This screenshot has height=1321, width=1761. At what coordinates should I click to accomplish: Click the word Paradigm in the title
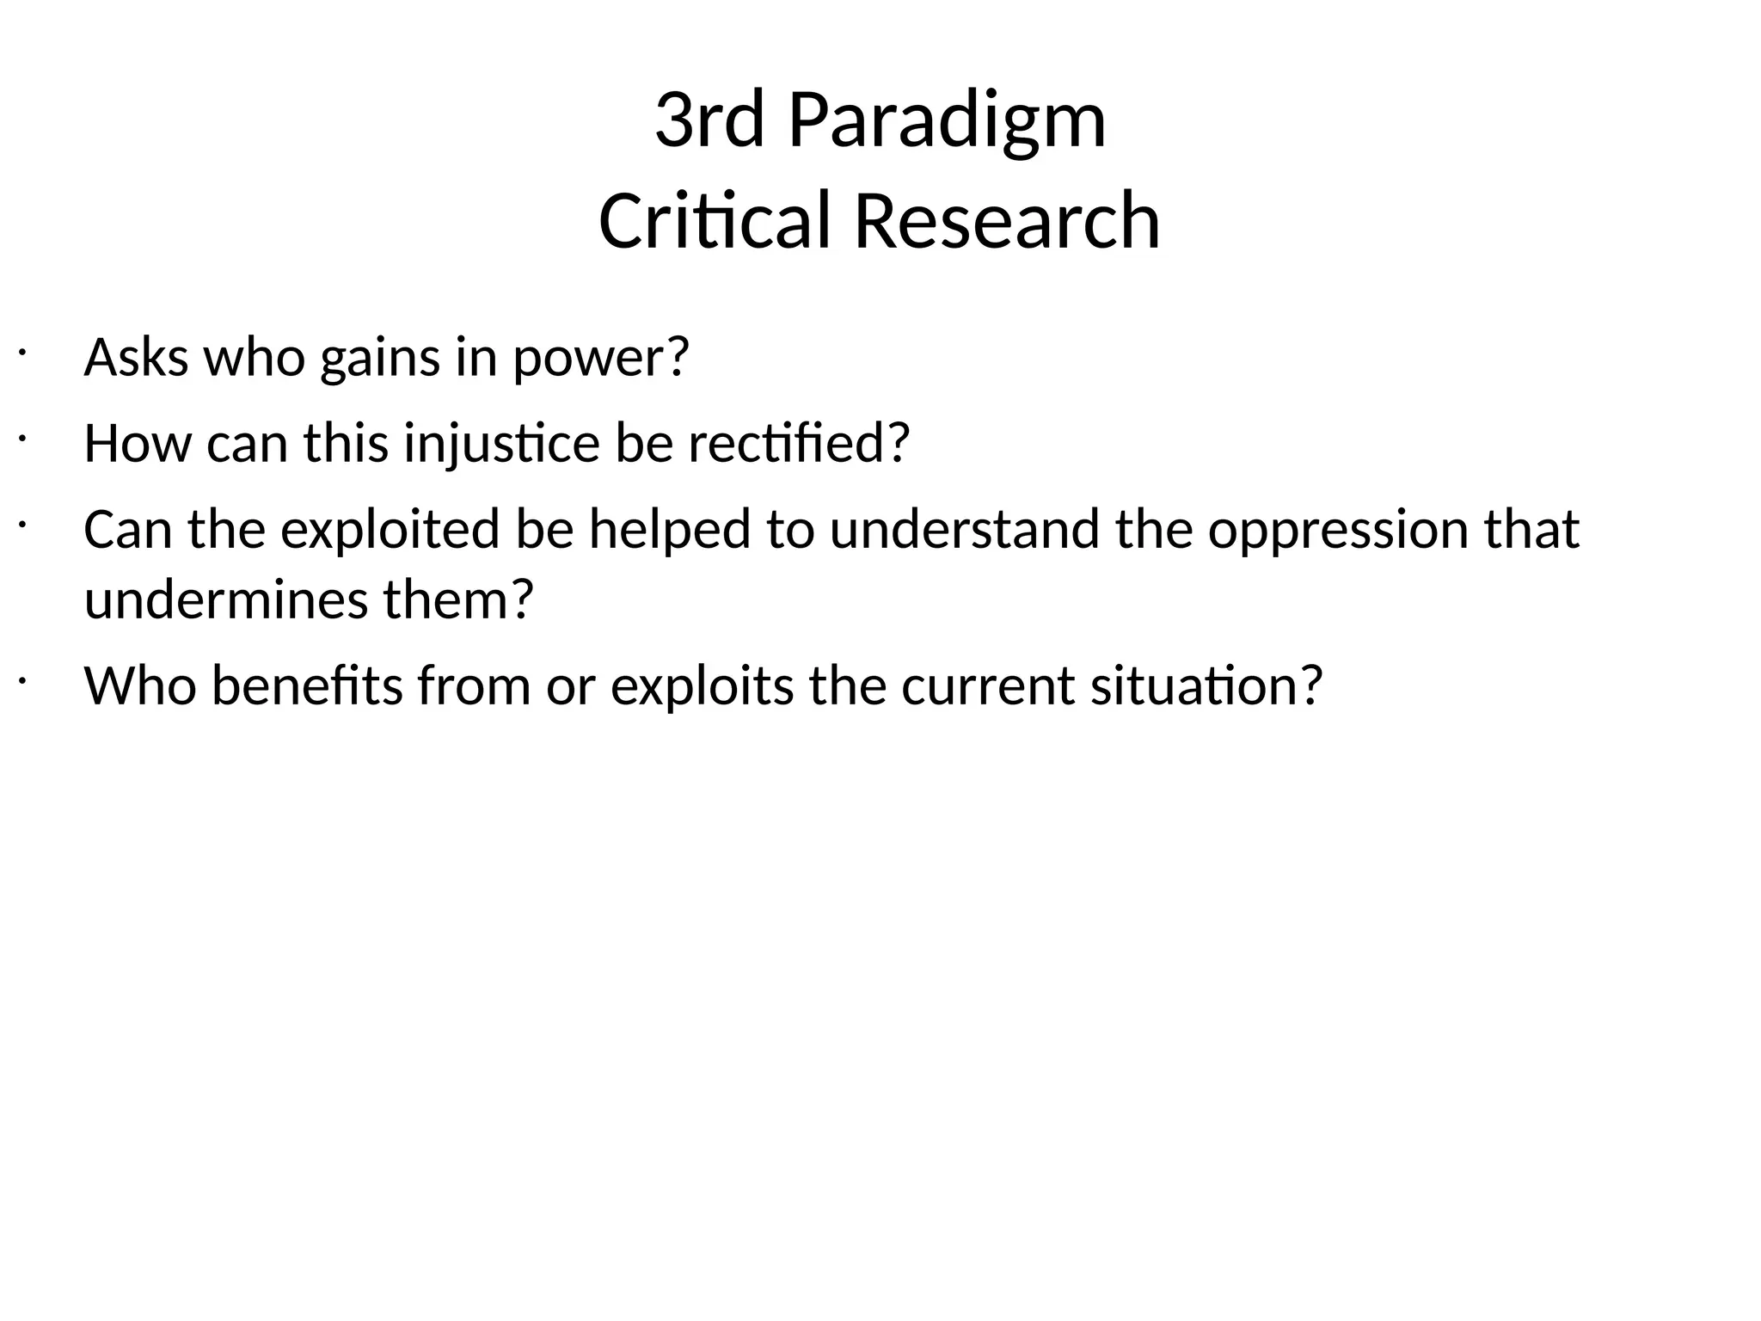[x=946, y=122]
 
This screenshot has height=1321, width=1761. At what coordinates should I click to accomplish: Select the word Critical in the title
[x=715, y=222]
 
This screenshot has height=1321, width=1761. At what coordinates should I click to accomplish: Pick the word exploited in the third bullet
[x=390, y=530]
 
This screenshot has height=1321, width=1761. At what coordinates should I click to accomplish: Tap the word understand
[x=964, y=530]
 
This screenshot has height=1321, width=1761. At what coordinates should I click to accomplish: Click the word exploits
[x=702, y=686]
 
